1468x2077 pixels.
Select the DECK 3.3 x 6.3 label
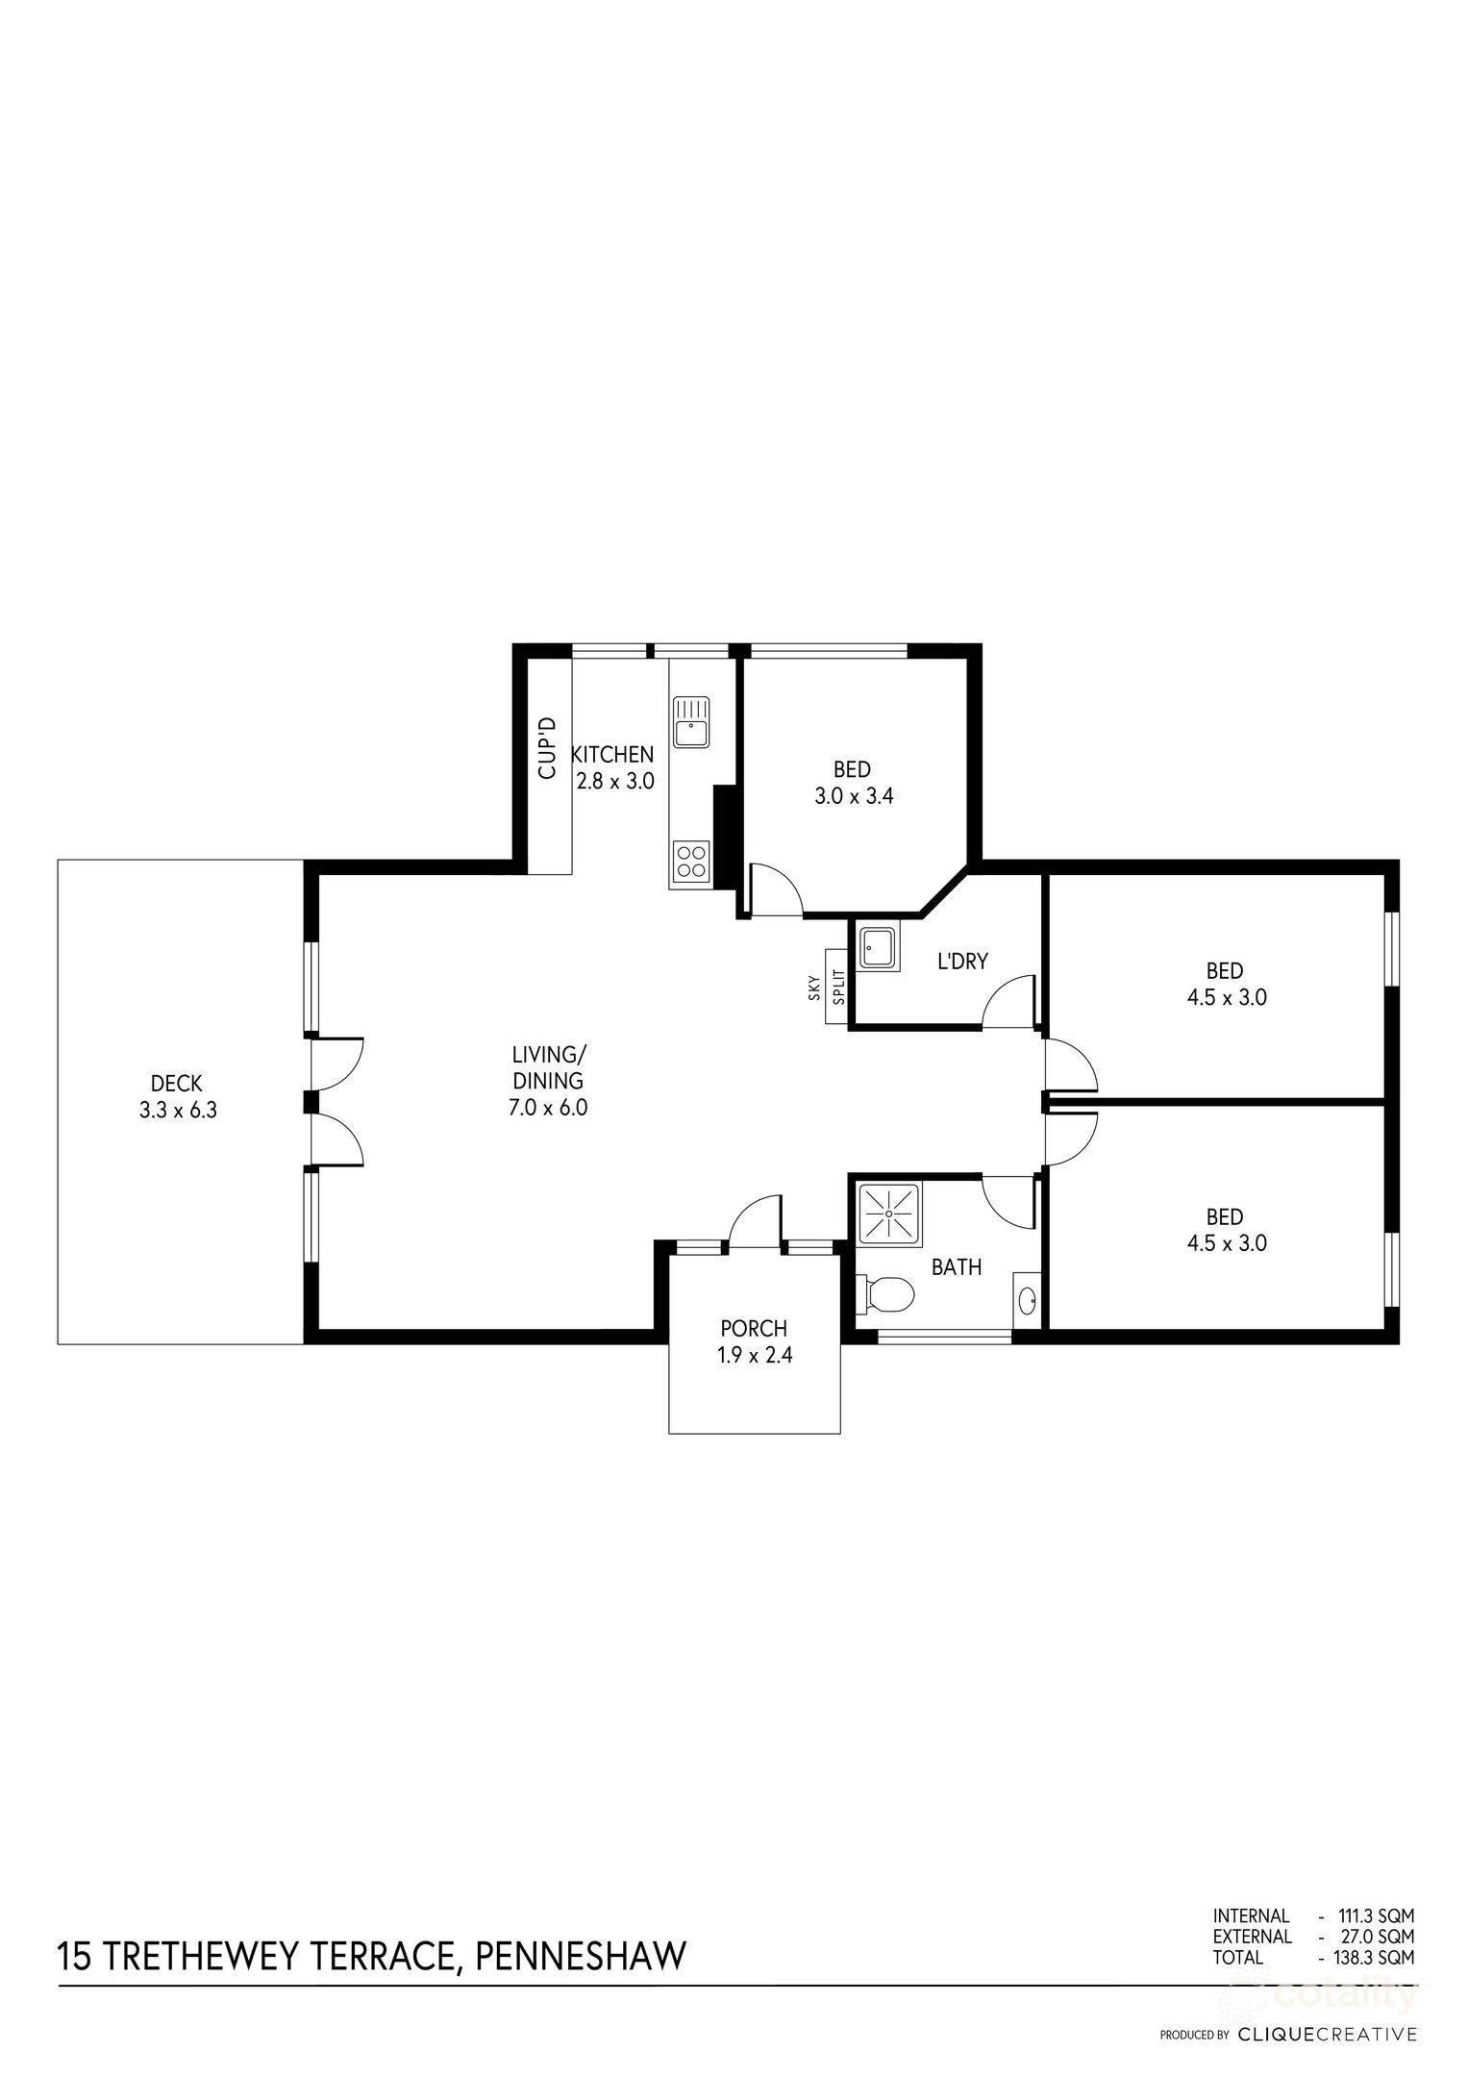pyautogui.click(x=178, y=1097)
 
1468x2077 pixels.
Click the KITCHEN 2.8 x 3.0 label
pyautogui.click(x=613, y=766)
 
